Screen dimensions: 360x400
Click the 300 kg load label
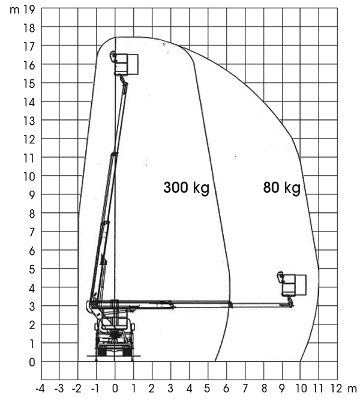(187, 188)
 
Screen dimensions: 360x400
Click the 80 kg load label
(282, 188)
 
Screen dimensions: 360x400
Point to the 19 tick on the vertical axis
(29, 10)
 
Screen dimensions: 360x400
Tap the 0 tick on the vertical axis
(32, 362)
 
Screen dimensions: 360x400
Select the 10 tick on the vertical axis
(29, 176)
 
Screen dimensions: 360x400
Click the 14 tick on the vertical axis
(29, 102)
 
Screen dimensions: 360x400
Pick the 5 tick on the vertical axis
(32, 269)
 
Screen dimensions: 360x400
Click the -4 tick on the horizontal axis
(40, 389)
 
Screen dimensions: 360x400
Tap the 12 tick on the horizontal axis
(336, 389)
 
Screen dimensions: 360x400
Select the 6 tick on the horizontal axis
(226, 389)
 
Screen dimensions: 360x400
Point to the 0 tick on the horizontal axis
(115, 389)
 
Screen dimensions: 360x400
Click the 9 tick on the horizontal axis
(282, 389)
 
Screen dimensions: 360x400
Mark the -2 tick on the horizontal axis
(77, 389)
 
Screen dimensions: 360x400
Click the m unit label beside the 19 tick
(14, 10)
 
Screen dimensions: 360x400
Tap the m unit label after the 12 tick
(352, 389)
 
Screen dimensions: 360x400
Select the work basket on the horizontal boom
(292, 284)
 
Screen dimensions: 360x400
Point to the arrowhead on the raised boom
(103, 260)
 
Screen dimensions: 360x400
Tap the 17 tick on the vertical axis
(29, 46)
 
